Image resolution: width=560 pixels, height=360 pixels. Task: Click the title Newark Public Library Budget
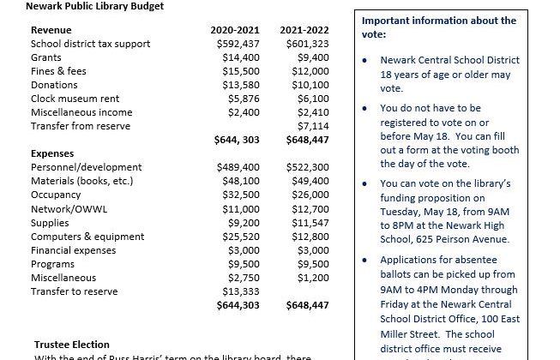[x=83, y=6]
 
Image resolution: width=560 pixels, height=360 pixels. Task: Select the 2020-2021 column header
[x=235, y=31]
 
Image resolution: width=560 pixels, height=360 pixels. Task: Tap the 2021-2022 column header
[x=304, y=31]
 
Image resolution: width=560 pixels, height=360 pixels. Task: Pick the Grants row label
[x=46, y=57]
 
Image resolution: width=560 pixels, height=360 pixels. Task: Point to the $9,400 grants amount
[x=311, y=57]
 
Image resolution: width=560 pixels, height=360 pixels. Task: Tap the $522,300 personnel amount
[x=307, y=168]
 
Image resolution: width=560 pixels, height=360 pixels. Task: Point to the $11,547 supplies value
[x=310, y=222]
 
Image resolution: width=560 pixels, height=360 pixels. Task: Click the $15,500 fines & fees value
[x=240, y=71]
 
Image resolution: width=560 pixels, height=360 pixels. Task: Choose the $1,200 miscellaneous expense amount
[x=312, y=277]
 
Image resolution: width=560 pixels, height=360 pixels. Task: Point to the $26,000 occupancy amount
[x=310, y=195]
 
